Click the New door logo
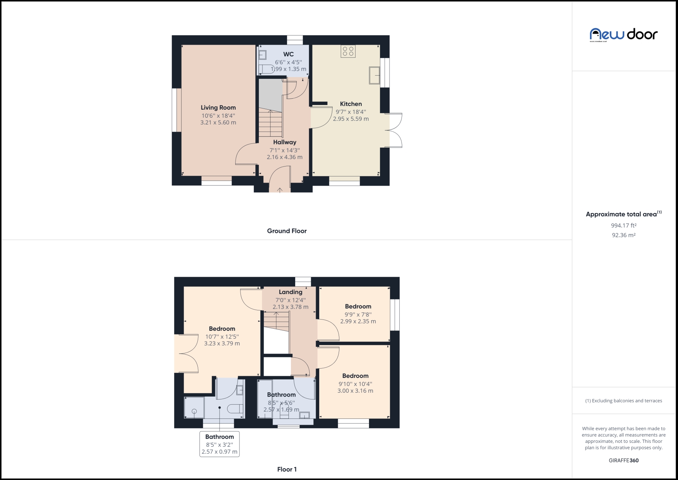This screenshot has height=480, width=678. [623, 35]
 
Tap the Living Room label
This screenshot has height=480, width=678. [218, 107]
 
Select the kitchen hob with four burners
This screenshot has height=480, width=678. [348, 51]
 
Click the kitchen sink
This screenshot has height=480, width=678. [374, 75]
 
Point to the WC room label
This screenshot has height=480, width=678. [288, 54]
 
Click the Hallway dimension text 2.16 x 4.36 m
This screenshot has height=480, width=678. [285, 157]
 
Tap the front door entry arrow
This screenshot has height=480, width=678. [280, 190]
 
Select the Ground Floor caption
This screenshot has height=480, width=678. [287, 231]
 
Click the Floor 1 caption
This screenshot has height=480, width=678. [287, 469]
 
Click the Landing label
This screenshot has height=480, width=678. [290, 292]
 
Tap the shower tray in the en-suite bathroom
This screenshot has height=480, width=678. [194, 408]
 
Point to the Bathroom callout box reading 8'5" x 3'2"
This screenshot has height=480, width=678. [219, 444]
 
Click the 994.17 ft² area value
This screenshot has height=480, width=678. [624, 226]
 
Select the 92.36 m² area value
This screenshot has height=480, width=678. [624, 235]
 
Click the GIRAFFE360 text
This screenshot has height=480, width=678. [624, 461]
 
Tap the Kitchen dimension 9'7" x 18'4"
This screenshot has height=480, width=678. [351, 112]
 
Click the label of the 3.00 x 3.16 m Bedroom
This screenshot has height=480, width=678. [355, 376]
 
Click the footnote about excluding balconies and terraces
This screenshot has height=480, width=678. [624, 401]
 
